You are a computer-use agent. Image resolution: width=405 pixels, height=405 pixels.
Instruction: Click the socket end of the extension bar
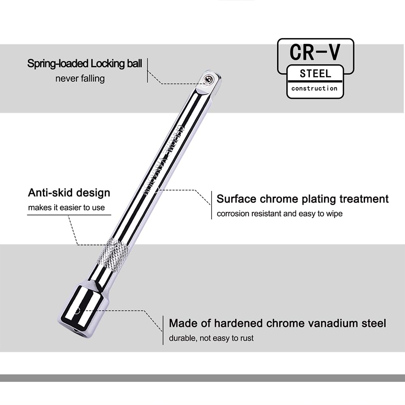(84, 310)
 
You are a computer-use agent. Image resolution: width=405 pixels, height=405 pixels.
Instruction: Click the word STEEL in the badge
(315, 74)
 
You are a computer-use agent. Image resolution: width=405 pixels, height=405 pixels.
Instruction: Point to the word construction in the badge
(314, 88)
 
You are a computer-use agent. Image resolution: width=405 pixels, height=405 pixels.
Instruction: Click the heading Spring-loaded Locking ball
(85, 64)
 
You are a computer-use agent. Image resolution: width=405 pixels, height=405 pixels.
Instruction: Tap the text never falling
(80, 78)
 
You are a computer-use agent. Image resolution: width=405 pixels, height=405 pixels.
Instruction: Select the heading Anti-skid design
(69, 193)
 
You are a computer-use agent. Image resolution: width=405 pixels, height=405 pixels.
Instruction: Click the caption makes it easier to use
(66, 208)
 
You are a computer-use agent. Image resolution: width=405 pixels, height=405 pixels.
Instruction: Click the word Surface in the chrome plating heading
(237, 199)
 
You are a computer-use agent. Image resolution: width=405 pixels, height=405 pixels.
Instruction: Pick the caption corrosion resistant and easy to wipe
(280, 214)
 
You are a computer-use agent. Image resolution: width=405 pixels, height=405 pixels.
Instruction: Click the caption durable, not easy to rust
(211, 338)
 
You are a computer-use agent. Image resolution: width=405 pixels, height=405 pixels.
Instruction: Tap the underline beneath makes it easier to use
(69, 215)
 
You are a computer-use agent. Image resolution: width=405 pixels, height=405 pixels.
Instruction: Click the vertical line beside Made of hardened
(163, 330)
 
